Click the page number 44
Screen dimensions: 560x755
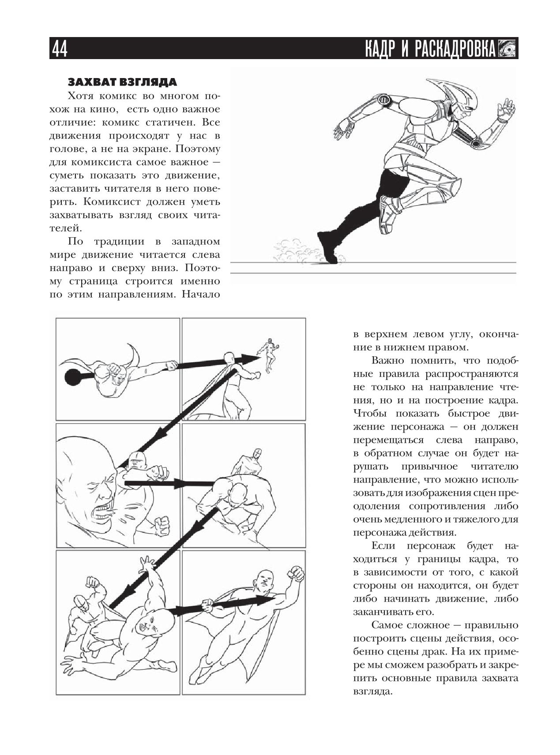[x=60, y=49]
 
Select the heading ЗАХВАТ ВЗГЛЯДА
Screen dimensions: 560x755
[x=122, y=82]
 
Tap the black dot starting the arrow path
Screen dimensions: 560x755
[x=72, y=377]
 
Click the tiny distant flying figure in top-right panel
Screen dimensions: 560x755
[x=268, y=353]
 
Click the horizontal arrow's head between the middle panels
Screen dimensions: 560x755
[x=181, y=484]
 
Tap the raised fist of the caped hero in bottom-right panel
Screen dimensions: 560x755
[x=295, y=573]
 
